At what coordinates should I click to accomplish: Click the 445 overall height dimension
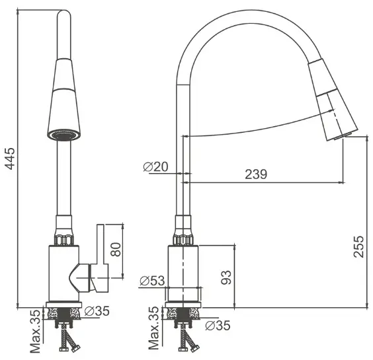10,159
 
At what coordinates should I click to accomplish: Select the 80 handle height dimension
116,249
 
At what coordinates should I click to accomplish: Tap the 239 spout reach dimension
256,174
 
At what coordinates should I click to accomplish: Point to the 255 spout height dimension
358,246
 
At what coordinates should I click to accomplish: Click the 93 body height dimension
226,277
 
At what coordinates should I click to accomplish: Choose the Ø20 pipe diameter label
155,166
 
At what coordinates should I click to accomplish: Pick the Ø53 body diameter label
152,281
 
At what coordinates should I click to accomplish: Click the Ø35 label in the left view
97,311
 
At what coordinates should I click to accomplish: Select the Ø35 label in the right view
218,325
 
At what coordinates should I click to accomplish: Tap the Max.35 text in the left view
36,331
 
